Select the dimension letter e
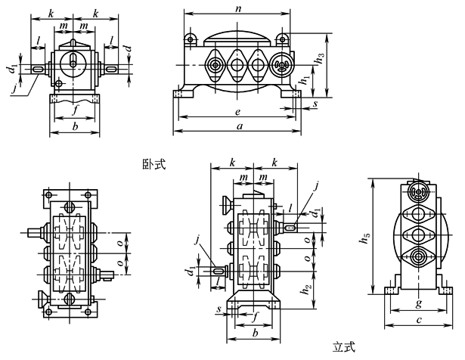point(238,110)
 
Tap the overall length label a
point(239,126)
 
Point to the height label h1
point(304,76)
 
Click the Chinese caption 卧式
point(153,163)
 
